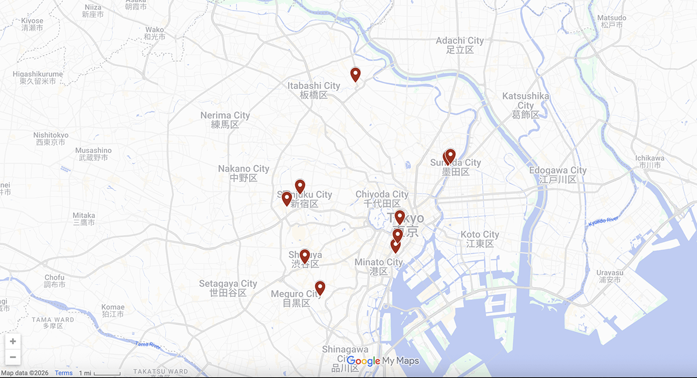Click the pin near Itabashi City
tap(355, 74)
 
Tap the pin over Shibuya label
tap(304, 256)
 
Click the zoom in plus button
tap(13, 341)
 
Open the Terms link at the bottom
tap(64, 373)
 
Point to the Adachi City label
tap(459, 45)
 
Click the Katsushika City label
tap(526, 105)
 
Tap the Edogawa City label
tap(558, 174)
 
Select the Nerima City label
tap(225, 120)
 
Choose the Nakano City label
tap(243, 173)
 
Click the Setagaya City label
tap(228, 288)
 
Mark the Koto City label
tap(480, 238)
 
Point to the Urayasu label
tap(609, 276)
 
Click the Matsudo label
tap(612, 21)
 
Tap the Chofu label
tap(54, 281)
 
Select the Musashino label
tap(94, 154)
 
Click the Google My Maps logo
tap(382, 361)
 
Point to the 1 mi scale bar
tap(100, 373)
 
